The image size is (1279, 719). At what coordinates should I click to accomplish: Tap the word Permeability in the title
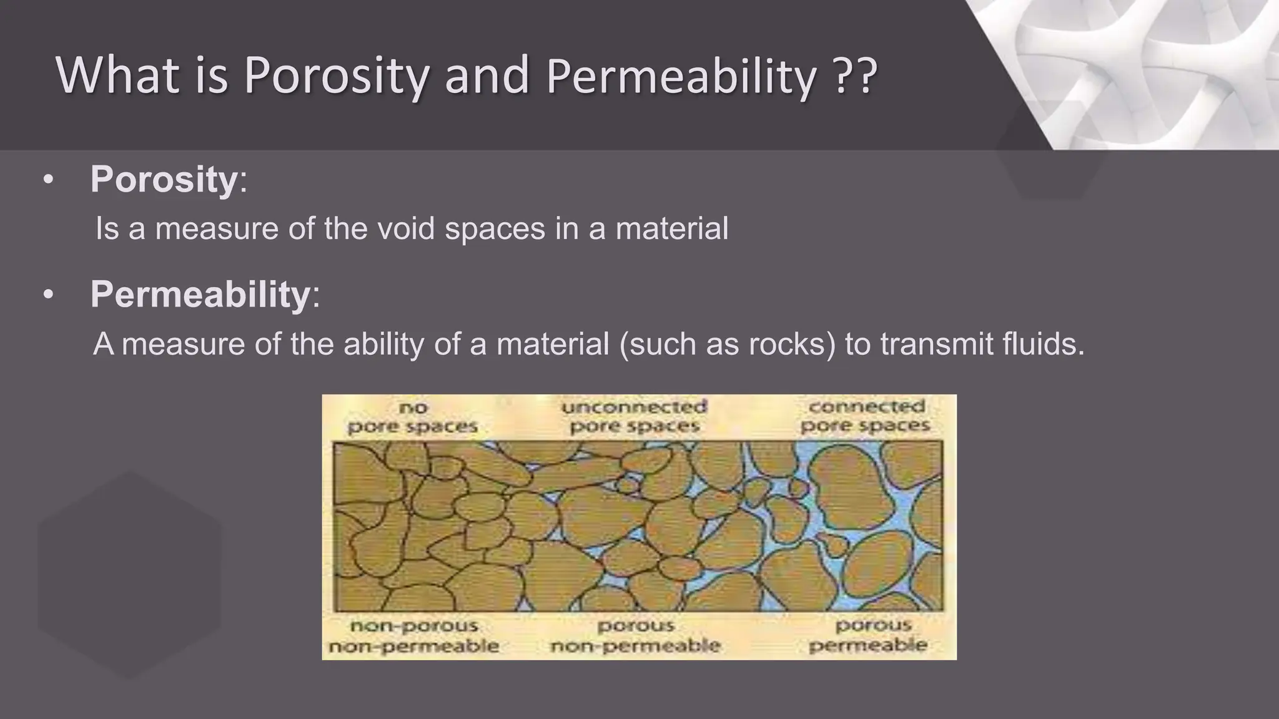681,76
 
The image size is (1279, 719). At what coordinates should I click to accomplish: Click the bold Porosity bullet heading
164,180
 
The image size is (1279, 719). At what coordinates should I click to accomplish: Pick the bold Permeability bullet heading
200,294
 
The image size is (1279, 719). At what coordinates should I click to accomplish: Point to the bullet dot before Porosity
48,181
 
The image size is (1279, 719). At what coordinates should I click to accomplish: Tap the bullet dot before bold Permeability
48,295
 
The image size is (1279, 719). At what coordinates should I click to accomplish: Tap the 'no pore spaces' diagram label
412,418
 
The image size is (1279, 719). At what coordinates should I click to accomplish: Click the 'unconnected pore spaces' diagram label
635,416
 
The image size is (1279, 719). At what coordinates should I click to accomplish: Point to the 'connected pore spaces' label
866,416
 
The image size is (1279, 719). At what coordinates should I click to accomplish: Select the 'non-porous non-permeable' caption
413,636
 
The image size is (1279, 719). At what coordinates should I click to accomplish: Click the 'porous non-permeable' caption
636,636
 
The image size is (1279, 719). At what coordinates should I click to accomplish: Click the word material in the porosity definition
671,228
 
